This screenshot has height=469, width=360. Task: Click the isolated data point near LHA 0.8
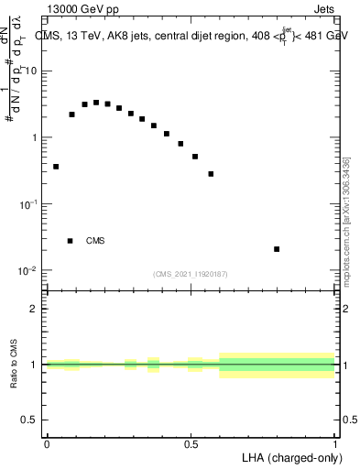coord(277,249)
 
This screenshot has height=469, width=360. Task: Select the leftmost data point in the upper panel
coord(56,167)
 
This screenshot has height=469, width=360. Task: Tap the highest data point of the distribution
coord(96,103)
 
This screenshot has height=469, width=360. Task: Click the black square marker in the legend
coord(70,241)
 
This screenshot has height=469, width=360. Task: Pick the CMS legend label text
coord(95,241)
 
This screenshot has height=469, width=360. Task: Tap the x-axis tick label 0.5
coord(191,444)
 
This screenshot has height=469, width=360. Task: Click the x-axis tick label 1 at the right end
coord(336,444)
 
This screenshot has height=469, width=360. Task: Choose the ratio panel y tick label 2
coord(35,309)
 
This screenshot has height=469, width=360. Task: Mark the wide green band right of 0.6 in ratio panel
coord(278,365)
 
